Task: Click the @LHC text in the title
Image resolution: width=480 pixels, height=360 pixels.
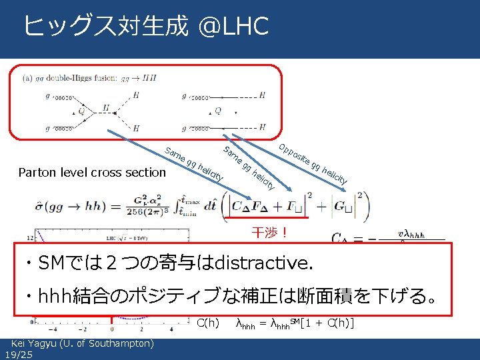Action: [233, 27]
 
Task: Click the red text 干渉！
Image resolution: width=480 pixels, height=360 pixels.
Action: [269, 233]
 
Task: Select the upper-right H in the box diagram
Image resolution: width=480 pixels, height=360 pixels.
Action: [262, 96]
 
